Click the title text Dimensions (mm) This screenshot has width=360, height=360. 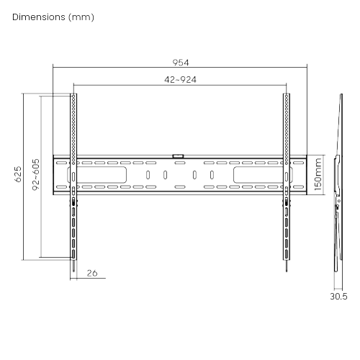53,16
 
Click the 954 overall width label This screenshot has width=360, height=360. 180,61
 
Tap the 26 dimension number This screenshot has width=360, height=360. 91,273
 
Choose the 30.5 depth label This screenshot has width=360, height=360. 338,295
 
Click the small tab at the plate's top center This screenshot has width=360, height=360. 179,155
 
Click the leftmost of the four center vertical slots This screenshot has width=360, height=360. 148,175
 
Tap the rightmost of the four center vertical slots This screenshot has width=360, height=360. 212,175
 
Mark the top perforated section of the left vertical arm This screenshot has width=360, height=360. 73,122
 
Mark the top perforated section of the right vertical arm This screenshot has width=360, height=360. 287,122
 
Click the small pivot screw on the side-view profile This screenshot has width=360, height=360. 338,207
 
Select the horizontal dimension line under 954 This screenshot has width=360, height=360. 180,68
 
